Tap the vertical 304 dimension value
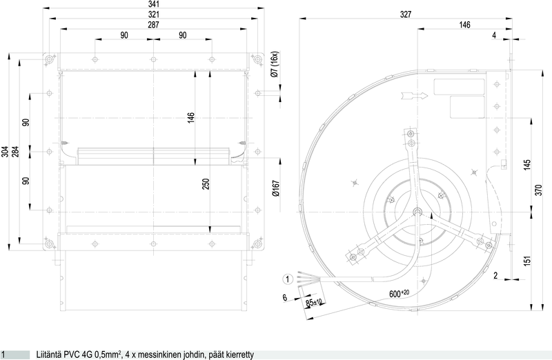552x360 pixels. (x=6, y=152)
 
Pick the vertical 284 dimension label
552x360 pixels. (x=15, y=152)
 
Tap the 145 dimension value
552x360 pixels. (x=527, y=166)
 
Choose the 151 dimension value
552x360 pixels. (x=527, y=261)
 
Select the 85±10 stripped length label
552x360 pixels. (x=314, y=302)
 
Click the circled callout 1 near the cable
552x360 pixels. (x=288, y=279)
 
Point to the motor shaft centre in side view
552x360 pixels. (x=417, y=212)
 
